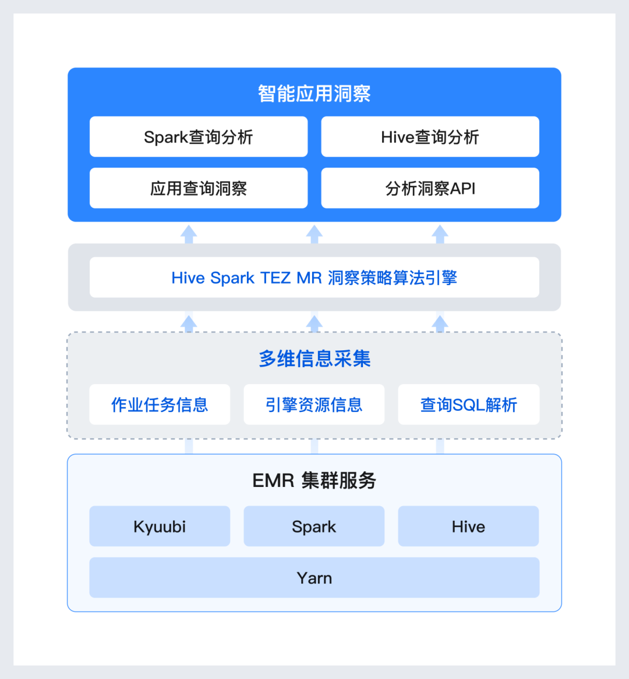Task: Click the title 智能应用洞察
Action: (x=314, y=94)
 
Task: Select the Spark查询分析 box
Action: (x=199, y=137)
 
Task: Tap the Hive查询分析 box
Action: (x=430, y=137)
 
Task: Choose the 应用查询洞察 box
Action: (x=199, y=189)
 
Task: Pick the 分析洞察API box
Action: (x=430, y=189)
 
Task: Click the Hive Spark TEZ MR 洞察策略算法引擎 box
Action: (x=314, y=278)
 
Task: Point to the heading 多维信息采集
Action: (x=314, y=358)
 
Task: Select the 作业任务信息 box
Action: (x=160, y=404)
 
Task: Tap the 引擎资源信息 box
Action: (x=314, y=404)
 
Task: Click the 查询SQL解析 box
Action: (x=468, y=404)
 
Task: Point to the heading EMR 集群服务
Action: (x=314, y=481)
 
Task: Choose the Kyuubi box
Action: (x=160, y=527)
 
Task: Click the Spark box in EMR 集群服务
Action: (x=314, y=527)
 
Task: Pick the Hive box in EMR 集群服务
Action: (x=468, y=527)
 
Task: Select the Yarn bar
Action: (x=314, y=578)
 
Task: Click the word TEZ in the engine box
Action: (x=275, y=278)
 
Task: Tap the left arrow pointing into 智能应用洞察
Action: (x=189, y=234)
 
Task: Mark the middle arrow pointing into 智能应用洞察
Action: (x=314, y=234)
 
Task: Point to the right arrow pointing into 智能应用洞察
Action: (x=440, y=234)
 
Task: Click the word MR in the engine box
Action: (x=309, y=278)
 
